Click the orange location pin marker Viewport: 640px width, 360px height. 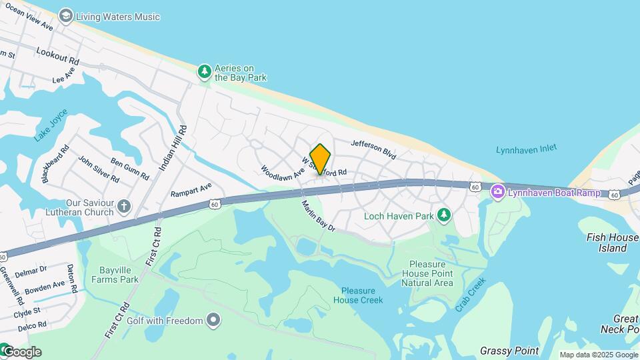[320, 159]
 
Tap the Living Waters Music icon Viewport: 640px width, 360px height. [65, 15]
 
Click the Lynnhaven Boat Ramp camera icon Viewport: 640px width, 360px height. [497, 193]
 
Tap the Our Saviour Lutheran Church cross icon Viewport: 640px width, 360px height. [124, 206]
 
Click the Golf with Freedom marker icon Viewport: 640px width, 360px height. [213, 321]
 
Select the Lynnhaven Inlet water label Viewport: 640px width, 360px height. [526, 150]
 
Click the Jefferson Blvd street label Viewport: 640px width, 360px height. [373, 149]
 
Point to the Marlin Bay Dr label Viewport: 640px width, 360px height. [317, 217]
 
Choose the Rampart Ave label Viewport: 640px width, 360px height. [191, 190]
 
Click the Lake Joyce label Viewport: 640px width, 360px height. [51, 125]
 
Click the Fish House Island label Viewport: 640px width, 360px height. [613, 243]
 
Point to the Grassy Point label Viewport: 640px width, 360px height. [509, 351]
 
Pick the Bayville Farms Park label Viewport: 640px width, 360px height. [119, 275]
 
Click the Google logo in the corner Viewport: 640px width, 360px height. [21, 352]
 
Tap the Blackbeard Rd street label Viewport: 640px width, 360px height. [55, 165]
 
